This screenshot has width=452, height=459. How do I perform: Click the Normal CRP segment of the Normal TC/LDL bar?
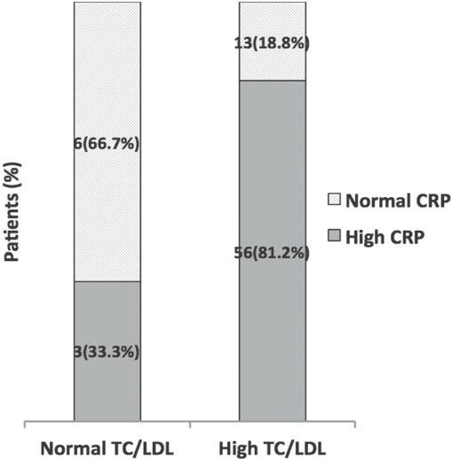tap(107, 89)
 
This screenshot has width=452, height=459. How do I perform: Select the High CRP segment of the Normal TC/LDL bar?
tap(107, 391)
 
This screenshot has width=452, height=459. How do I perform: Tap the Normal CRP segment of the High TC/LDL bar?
tap(272, 27)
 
